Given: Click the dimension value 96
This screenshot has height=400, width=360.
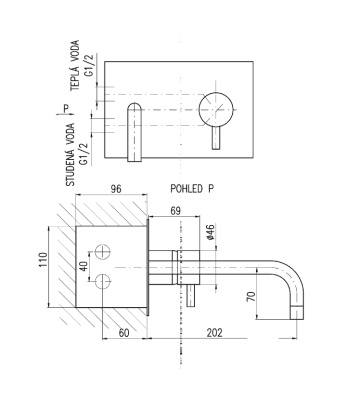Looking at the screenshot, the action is (116, 189).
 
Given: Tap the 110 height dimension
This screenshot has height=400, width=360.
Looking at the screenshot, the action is (43, 260).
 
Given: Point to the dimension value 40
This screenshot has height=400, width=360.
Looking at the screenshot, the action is (84, 266).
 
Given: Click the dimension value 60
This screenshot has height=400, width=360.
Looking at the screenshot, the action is (124, 333).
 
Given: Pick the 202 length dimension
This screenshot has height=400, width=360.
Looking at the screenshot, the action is (214, 333).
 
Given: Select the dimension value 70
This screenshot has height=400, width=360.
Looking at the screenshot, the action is (251, 296).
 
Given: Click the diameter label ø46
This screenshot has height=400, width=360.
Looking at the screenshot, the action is (210, 232).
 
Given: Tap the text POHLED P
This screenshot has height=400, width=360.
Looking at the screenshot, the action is (192, 189).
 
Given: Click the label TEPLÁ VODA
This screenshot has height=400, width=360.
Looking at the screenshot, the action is (75, 65).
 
